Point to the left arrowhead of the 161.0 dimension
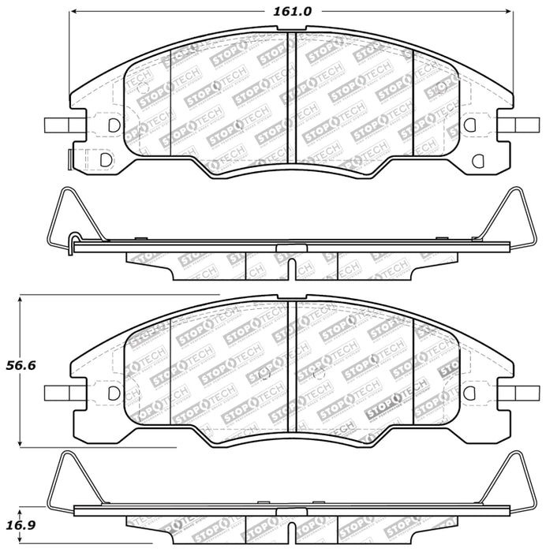pyautogui.click(x=77, y=13)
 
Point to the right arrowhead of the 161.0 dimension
pyautogui.click(x=509, y=13)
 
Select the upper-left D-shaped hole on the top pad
pyautogui.click(x=113, y=125)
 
